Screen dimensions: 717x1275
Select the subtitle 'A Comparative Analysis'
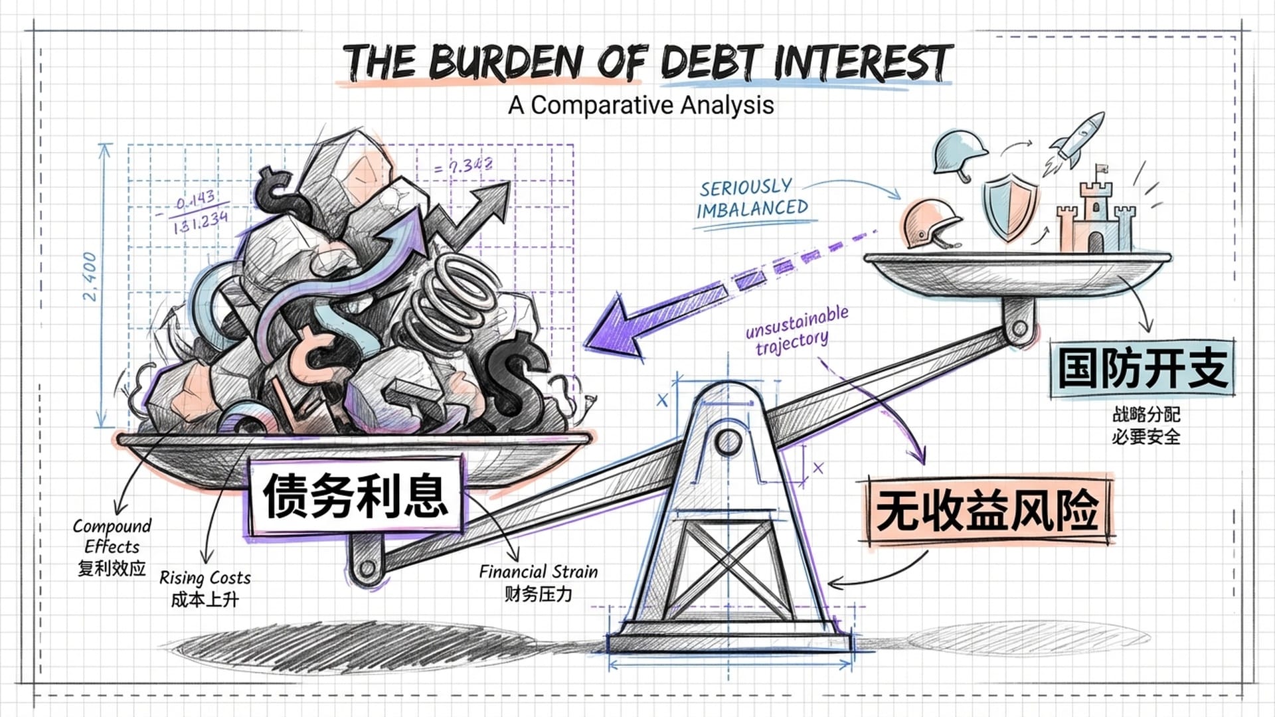point(641,105)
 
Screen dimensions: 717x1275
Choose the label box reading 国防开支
point(1142,368)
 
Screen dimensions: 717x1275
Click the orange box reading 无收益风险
point(987,510)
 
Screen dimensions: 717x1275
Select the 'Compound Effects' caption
point(112,536)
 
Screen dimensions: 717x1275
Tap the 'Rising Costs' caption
point(205,578)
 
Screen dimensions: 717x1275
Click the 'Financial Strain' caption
point(538,572)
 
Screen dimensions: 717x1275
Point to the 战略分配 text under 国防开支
point(1146,414)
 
